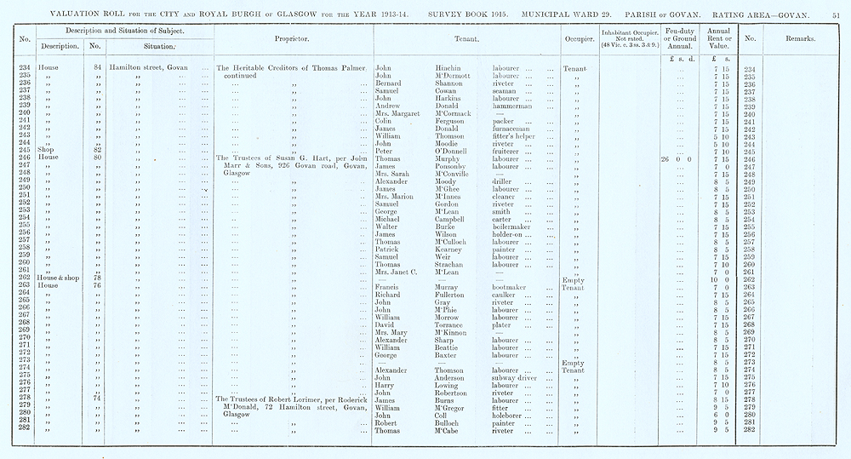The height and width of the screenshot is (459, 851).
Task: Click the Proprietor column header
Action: point(291,39)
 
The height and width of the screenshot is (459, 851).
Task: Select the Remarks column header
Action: point(801,39)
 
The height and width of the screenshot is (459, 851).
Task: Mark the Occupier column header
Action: point(579,39)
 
